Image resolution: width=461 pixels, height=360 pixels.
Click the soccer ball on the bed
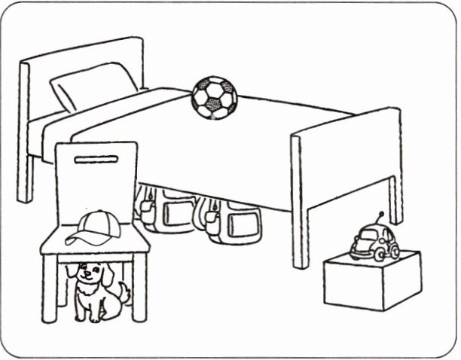214,97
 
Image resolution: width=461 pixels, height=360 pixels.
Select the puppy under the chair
94,291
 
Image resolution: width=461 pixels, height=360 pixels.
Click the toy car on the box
374,242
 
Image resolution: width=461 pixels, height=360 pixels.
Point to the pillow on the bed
94,87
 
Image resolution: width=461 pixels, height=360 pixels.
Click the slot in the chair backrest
96,160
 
